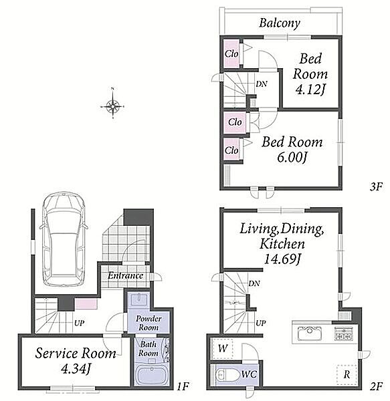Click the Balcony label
[x=280, y=23]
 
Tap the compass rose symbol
[x=112, y=106]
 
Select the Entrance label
[x=125, y=275]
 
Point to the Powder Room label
[x=149, y=323]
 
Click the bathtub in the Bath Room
[x=152, y=374]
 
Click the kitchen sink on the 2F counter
[x=310, y=333]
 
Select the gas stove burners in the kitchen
[x=344, y=333]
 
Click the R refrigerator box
[x=347, y=374]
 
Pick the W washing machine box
[x=223, y=349]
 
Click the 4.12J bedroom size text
[x=310, y=90]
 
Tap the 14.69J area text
[x=282, y=259]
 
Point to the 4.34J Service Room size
[x=76, y=369]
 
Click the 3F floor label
[x=376, y=187]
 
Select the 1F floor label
[x=183, y=386]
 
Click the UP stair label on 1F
[x=79, y=323]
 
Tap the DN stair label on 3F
[x=262, y=84]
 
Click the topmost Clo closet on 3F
[x=231, y=53]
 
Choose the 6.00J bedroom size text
[x=292, y=158]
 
